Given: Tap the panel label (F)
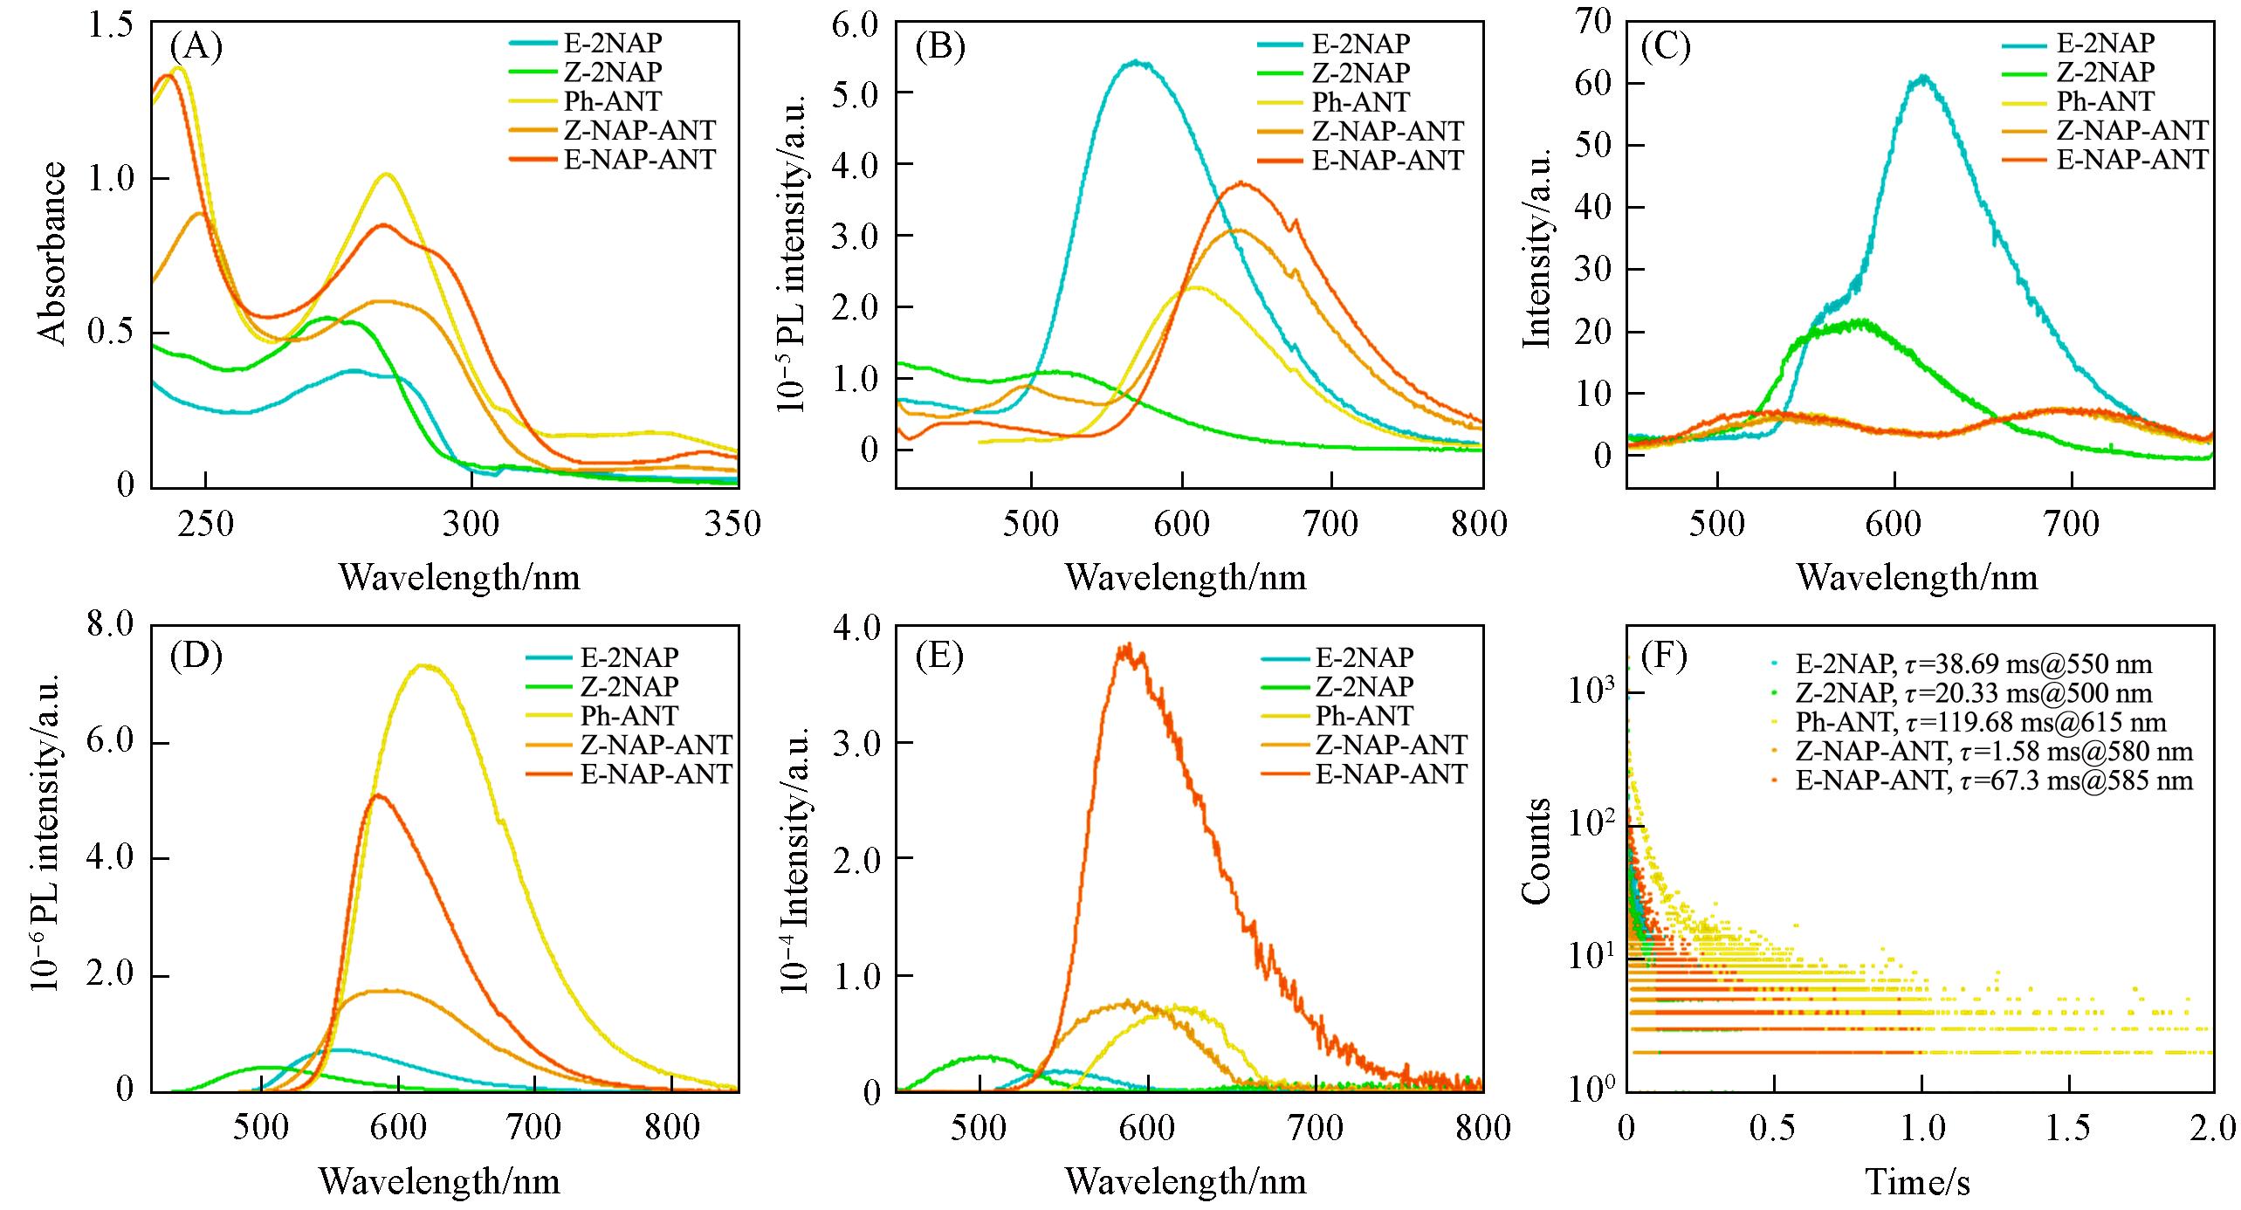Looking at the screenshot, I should tap(1665, 656).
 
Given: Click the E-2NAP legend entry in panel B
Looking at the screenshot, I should tap(1360, 44).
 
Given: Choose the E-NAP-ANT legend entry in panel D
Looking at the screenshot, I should tap(656, 774).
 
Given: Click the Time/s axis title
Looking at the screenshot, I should tap(1918, 1183).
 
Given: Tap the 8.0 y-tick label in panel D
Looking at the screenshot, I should tap(109, 626).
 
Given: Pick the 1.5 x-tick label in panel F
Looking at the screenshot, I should tap(2068, 1129).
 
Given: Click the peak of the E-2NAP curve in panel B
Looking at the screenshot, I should tap(1136, 62).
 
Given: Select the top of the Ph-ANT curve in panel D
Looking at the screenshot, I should tap(422, 666).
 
